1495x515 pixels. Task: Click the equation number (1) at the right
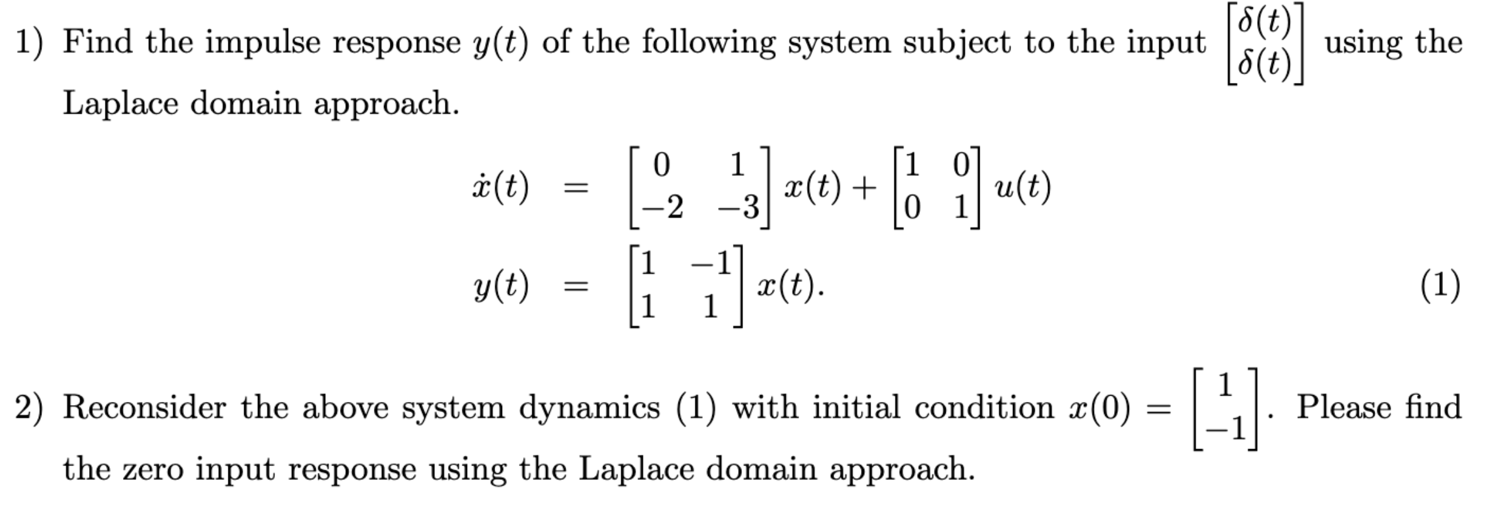[1440, 286]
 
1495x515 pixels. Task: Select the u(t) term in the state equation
[1022, 187]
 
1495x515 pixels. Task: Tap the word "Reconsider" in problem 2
[144, 408]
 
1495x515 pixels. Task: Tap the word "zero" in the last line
[154, 470]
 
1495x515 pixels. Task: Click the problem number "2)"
[29, 408]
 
